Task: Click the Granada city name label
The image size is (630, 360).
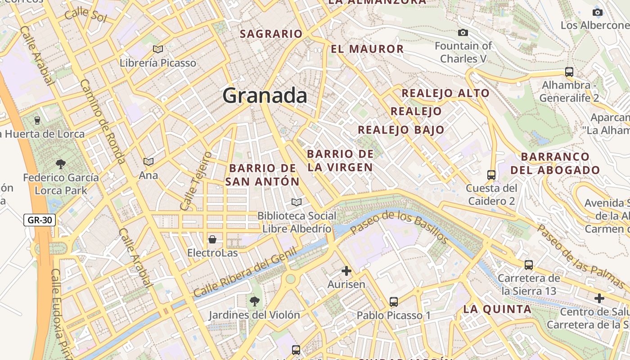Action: click(265, 96)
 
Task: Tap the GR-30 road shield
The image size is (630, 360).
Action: click(40, 220)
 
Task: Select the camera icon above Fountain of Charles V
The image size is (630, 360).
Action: click(463, 32)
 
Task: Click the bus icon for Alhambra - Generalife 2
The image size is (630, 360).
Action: click(569, 72)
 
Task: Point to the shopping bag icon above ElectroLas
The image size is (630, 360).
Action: click(212, 239)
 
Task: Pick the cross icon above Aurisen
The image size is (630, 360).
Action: click(346, 271)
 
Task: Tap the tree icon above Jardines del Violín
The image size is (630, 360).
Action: click(254, 301)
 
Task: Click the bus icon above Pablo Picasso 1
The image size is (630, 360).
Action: click(394, 301)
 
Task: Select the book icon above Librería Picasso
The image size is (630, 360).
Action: click(157, 49)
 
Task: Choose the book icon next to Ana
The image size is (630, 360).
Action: click(148, 162)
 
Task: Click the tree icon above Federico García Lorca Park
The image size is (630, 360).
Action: click(61, 164)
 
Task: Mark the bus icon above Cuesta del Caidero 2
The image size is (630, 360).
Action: click(491, 175)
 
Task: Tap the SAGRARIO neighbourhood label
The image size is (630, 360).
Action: click(271, 34)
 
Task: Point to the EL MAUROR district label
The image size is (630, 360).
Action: click(367, 49)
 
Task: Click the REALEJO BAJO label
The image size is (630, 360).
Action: click(401, 130)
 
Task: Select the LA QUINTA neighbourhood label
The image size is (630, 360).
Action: click(497, 309)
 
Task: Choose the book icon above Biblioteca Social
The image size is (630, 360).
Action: click(296, 202)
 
